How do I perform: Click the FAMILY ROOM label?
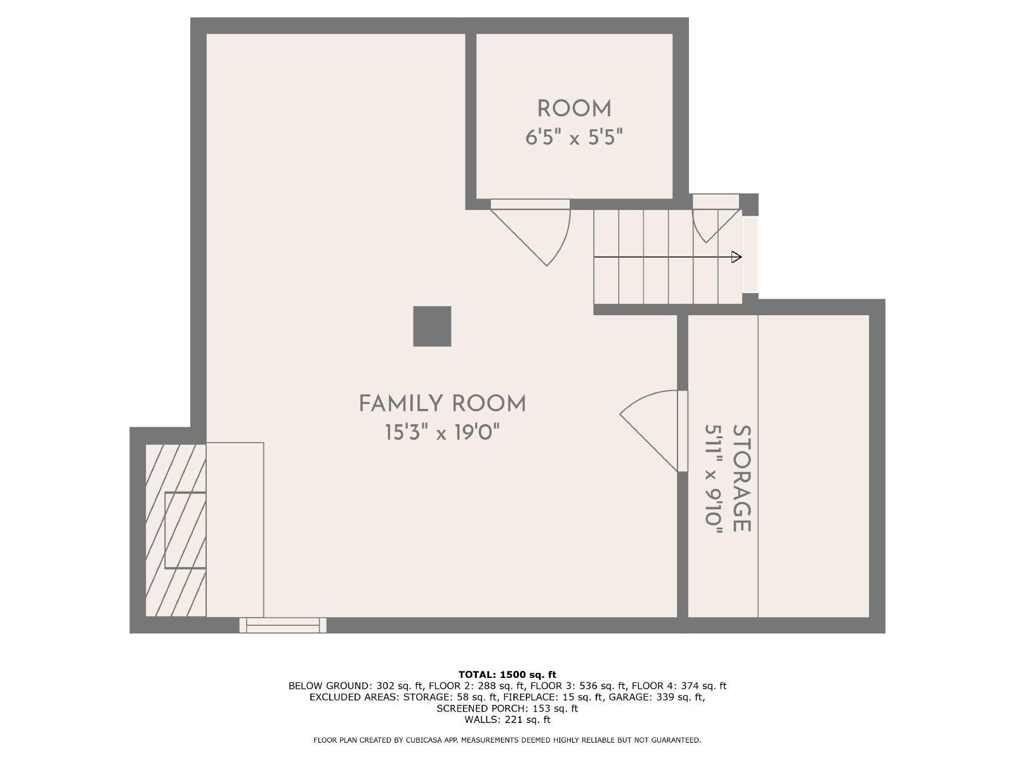click(443, 403)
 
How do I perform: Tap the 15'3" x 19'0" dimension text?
click(443, 433)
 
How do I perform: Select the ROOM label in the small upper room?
click(574, 109)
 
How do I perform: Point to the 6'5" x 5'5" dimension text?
click(574, 137)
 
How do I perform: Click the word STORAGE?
click(742, 478)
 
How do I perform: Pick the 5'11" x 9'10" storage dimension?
click(714, 479)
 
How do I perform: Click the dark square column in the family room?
click(432, 326)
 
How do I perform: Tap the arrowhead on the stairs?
click(737, 257)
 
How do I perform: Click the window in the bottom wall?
click(283, 625)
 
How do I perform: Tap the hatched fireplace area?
click(176, 530)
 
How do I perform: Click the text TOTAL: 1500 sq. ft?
click(507, 675)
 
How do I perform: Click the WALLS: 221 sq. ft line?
click(507, 719)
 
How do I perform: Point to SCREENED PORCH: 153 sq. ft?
click(507, 708)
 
